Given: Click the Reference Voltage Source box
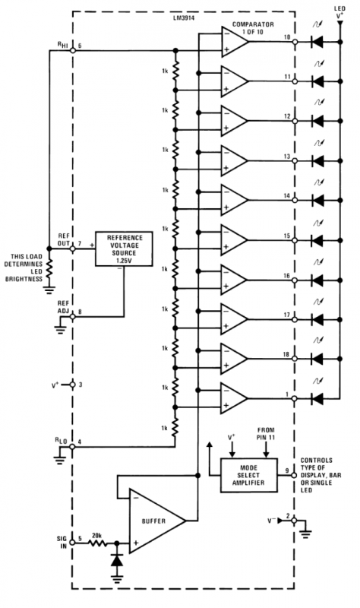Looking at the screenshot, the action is (x=124, y=249).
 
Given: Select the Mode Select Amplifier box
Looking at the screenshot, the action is (x=249, y=475).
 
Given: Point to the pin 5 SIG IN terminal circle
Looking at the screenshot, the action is (x=72, y=543).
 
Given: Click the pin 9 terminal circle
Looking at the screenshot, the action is (x=294, y=475).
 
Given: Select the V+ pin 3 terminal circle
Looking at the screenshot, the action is (x=72, y=385).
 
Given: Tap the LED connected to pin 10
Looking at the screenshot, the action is (x=317, y=42).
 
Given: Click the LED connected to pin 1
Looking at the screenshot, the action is (x=317, y=398).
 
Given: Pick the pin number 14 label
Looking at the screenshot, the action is (x=287, y=196).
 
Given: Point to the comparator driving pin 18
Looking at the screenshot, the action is (x=235, y=359).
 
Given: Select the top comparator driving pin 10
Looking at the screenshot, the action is (x=235, y=42).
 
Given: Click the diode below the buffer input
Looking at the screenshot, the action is (x=117, y=560).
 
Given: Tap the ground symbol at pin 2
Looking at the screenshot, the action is (x=305, y=534).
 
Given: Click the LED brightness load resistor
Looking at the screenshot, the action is (x=49, y=268).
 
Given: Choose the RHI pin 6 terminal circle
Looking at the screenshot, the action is (x=72, y=50).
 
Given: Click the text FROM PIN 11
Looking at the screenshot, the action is (x=266, y=433).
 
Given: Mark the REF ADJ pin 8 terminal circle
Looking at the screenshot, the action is (x=72, y=316).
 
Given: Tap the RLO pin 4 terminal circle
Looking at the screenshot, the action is (x=72, y=447).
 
